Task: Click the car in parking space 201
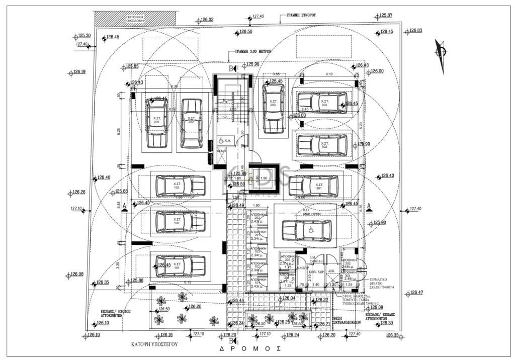click(157, 122)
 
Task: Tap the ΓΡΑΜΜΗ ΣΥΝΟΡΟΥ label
click(301, 16)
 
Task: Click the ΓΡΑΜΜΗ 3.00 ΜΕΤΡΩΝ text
click(254, 51)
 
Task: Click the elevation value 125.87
click(386, 16)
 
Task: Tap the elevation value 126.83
click(415, 31)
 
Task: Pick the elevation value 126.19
click(79, 72)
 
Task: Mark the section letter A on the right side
click(369, 205)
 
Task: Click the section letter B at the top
click(232, 68)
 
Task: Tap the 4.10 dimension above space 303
click(329, 74)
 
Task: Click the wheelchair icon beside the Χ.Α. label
click(220, 141)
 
